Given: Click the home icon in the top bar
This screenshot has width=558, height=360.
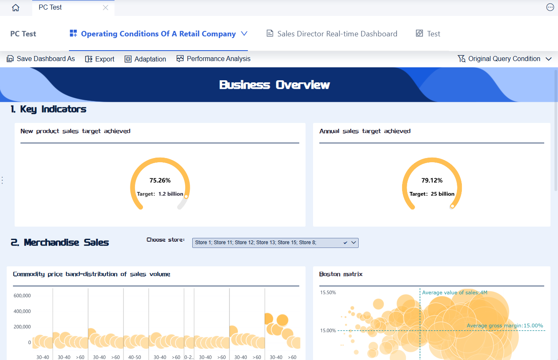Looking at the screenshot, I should click(16, 8).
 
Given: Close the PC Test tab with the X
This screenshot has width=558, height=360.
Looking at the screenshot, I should click(105, 8).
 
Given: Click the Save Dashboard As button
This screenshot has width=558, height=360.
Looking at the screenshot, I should click(41, 59).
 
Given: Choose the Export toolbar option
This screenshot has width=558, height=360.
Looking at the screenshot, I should click(100, 59).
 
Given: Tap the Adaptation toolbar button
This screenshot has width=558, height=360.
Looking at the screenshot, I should click(145, 59).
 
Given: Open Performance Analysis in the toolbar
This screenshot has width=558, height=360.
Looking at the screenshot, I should click(214, 59).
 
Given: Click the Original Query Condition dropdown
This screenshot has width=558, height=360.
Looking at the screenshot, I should click(505, 59).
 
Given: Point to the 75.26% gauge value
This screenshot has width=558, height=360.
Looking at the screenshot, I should click(160, 181).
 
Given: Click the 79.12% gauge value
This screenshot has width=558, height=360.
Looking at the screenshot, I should click(432, 181).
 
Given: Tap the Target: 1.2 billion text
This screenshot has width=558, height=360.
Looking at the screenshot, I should click(160, 194).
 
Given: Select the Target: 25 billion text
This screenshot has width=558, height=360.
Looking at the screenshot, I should click(432, 194).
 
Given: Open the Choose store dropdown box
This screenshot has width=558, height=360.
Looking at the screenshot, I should click(275, 243).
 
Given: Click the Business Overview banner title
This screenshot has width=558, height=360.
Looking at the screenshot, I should click(275, 85).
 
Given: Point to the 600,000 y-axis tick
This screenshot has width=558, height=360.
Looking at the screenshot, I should click(22, 296).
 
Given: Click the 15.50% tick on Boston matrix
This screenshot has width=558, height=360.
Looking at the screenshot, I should click(328, 292).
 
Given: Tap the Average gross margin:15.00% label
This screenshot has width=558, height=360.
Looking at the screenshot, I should click(504, 326).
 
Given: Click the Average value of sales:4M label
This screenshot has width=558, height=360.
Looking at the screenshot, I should click(455, 293).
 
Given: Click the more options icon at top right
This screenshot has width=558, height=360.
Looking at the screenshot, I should click(550, 7).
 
